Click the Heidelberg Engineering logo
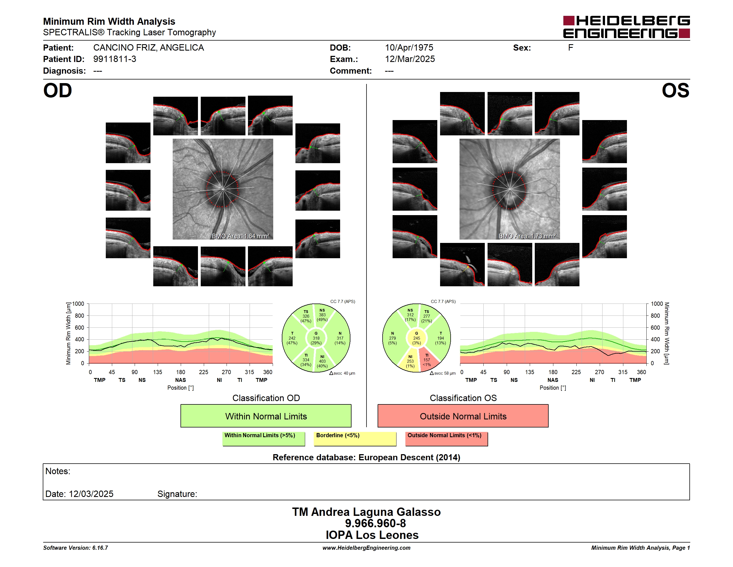click(626, 27)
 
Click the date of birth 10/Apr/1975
click(409, 48)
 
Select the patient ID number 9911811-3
click(115, 59)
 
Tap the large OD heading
click(58, 91)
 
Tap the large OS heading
click(675, 91)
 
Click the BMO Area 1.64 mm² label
click(240, 236)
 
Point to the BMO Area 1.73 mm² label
click(527, 236)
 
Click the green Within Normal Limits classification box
click(266, 416)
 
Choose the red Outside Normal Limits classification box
click(463, 416)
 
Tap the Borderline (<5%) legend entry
click(355, 439)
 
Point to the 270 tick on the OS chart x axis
click(599, 372)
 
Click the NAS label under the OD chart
click(180, 380)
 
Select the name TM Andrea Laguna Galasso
click(366, 512)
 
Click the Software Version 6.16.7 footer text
click(76, 548)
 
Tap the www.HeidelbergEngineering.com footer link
click(366, 548)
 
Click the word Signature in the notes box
click(177, 494)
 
